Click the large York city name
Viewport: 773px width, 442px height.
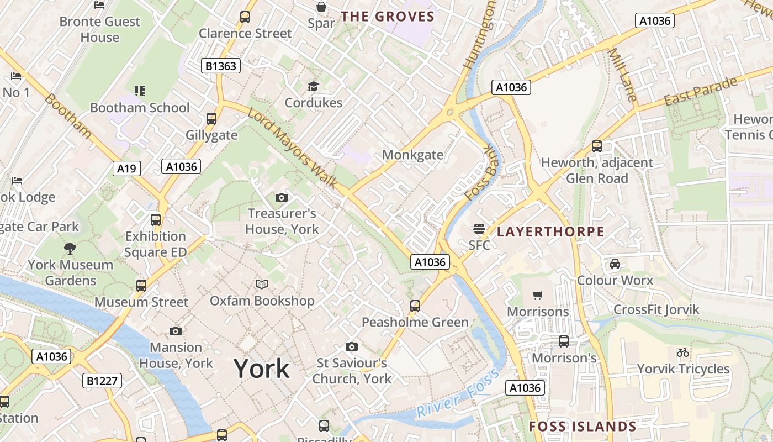261,369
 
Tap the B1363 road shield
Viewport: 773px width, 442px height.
220,66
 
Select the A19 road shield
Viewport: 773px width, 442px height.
126,169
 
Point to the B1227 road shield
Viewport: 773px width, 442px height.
102,381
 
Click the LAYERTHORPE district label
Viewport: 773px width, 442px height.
550,231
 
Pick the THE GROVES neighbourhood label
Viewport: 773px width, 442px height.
388,17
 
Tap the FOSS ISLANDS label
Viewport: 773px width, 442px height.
583,427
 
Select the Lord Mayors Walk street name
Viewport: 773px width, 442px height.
293,148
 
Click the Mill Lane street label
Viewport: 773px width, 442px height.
622,75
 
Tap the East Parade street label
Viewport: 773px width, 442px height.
701,92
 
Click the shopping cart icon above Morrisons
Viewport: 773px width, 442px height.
537,296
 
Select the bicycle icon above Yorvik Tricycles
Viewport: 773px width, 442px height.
683,352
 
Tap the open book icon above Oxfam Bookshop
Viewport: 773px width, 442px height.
262,285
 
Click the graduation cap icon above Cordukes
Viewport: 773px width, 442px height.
313,86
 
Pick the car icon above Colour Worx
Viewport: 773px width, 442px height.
615,264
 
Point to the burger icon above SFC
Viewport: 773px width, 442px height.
479,229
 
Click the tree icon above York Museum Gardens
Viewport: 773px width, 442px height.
70,249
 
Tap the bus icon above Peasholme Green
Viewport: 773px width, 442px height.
415,306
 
